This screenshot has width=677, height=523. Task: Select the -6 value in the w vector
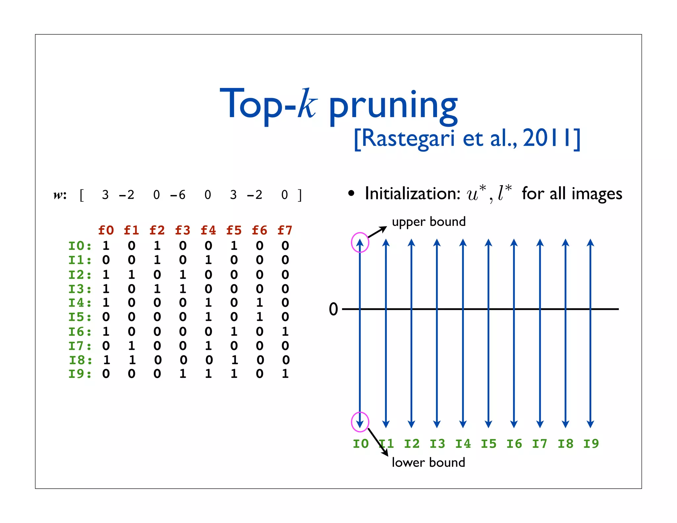[x=178, y=195]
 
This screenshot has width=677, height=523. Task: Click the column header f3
[x=183, y=230]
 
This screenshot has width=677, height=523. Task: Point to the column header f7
[x=285, y=230]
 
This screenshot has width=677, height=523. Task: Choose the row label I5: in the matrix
[x=80, y=317]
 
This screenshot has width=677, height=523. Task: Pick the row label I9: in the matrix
[x=80, y=374]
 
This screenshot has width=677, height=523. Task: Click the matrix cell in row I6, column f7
[x=285, y=331]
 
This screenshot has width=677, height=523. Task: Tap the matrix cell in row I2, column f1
[x=132, y=274]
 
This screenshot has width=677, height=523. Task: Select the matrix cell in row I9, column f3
[x=183, y=374]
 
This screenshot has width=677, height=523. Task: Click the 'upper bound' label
[x=429, y=222]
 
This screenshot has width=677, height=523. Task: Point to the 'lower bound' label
[x=428, y=462]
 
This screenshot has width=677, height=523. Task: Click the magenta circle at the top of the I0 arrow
[x=360, y=242]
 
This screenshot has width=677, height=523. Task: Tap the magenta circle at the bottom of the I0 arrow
[x=360, y=422]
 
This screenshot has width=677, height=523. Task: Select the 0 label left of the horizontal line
[x=334, y=309]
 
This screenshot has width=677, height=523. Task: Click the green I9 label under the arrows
[x=591, y=444]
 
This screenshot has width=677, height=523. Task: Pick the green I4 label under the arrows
[x=463, y=444]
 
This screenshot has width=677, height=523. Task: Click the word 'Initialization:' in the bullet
[x=413, y=194]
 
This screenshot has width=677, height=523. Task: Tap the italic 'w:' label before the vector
[x=60, y=195]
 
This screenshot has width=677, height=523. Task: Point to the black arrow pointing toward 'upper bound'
[x=377, y=232]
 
